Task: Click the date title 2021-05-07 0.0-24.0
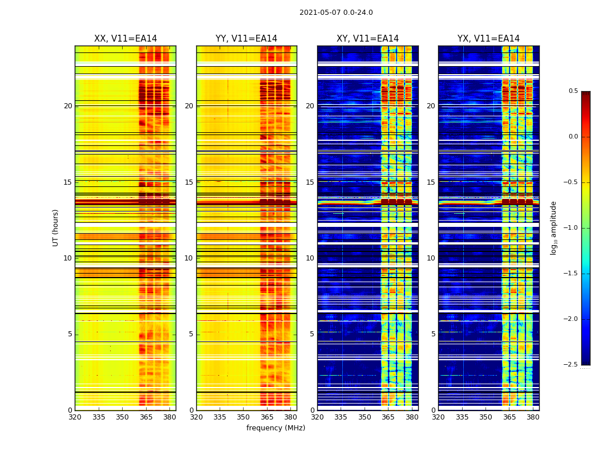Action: (x=336, y=13)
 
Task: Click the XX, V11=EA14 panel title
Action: (x=126, y=39)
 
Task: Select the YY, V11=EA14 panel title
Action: (x=246, y=39)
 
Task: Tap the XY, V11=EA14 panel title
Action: (x=367, y=39)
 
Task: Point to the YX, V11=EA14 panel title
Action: (x=488, y=39)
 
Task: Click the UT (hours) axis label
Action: (x=56, y=227)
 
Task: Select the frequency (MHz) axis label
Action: (x=276, y=428)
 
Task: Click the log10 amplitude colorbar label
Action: (x=553, y=227)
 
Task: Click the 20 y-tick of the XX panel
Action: (x=68, y=106)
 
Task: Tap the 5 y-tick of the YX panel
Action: (x=433, y=334)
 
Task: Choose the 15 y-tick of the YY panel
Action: (x=189, y=182)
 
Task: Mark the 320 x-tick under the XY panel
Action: (x=317, y=417)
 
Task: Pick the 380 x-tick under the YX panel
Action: (x=533, y=417)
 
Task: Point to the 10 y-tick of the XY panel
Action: (x=310, y=258)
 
